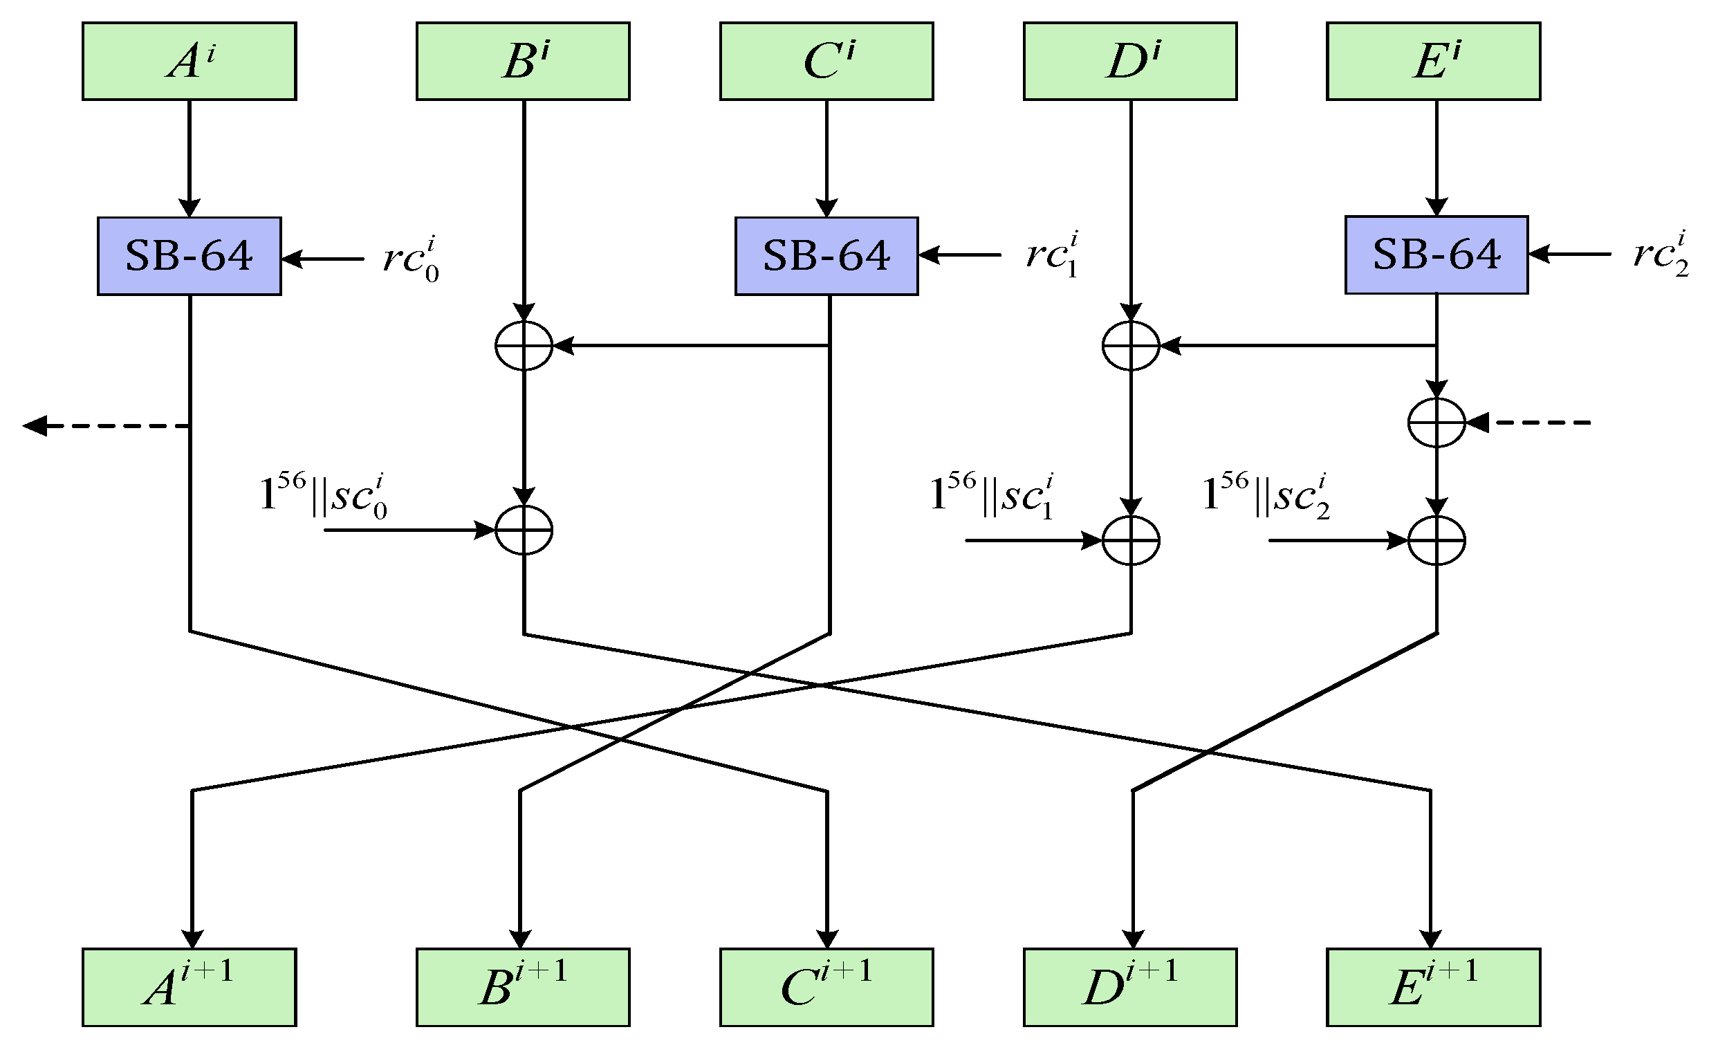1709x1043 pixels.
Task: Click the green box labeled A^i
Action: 190,61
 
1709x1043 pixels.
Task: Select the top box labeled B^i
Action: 523,61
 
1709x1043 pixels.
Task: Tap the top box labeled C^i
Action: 826,61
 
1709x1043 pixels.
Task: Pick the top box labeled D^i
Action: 1130,61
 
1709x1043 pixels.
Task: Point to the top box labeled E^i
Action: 1434,61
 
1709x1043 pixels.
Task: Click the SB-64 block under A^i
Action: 190,256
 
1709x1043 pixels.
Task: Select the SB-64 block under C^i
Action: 826,256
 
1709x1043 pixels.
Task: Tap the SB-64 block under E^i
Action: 1437,255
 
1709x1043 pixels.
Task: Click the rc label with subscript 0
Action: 411,259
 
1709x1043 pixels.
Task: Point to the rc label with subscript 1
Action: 1051,255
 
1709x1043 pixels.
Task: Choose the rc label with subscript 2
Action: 1661,255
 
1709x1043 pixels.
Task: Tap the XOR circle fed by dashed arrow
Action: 1437,423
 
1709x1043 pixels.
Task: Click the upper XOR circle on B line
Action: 524,345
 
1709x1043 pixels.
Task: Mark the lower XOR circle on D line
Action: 1131,540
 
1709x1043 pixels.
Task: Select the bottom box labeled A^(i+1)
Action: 190,987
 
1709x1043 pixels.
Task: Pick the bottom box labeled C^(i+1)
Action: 826,987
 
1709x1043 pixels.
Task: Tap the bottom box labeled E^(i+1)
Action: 1434,987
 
